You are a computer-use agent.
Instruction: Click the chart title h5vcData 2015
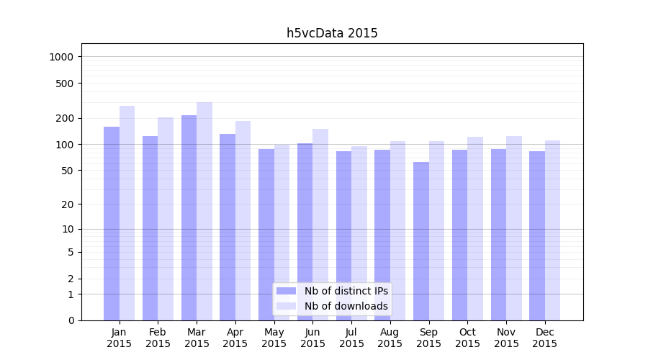click(x=332, y=33)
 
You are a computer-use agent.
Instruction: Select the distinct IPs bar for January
click(x=112, y=223)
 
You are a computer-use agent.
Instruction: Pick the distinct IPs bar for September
click(x=421, y=241)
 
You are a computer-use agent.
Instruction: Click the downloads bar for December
click(x=552, y=230)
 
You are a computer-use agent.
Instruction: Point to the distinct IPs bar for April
click(x=228, y=227)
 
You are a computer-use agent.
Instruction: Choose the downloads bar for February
click(x=166, y=219)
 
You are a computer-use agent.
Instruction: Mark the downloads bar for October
click(x=475, y=228)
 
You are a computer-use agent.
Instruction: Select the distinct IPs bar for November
click(x=498, y=235)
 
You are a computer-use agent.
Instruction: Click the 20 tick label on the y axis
click(x=68, y=204)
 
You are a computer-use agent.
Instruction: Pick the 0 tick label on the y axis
click(x=71, y=320)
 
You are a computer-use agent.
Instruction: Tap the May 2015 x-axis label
click(x=274, y=338)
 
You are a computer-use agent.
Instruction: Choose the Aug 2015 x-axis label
click(x=390, y=338)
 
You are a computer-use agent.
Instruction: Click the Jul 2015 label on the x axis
click(x=351, y=338)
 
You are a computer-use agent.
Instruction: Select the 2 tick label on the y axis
click(x=71, y=279)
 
